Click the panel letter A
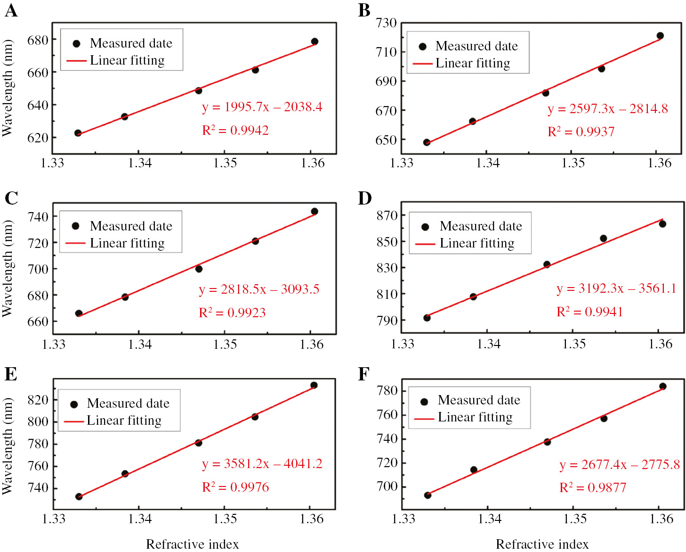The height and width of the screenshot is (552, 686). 11,10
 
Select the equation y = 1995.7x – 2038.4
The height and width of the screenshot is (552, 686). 262,107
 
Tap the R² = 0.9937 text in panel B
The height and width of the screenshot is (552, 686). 581,132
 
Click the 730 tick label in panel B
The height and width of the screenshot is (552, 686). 386,23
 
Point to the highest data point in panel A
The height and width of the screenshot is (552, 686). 315,41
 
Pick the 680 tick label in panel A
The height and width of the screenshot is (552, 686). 38,40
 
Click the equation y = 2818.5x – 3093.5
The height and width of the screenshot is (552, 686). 259,289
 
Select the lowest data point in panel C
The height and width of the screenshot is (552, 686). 79,313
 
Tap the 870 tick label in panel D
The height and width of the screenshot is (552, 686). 387,215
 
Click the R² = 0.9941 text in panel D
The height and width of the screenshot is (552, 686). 589,312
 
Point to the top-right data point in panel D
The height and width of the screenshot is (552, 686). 662,224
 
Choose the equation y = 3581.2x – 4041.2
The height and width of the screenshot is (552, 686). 262,464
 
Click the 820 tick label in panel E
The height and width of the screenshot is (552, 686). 38,400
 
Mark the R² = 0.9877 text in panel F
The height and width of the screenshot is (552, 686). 593,488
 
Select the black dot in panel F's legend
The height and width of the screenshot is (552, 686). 424,402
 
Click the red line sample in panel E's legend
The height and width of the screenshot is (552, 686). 73,421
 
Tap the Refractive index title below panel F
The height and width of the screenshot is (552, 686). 542,544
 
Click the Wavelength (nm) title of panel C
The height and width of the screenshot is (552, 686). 8,268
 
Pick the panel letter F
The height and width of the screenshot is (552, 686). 363,374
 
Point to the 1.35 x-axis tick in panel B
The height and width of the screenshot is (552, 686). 573,163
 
